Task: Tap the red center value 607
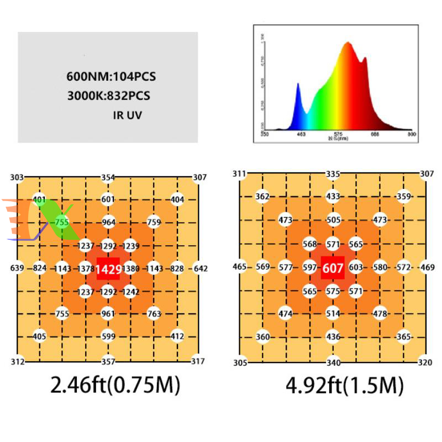tap(333, 267)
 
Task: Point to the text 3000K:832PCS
tap(109, 96)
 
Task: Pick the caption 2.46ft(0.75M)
tap(115, 385)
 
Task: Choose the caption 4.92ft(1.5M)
tap(345, 385)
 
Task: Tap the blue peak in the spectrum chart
tap(298, 86)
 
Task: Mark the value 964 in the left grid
tap(108, 223)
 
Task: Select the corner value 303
tap(17, 177)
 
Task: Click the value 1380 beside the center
tap(130, 269)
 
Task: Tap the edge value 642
tap(200, 269)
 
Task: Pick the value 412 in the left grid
tap(177, 336)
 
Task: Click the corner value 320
tap(424, 362)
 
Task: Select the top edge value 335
tap(333, 175)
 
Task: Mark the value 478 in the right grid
tap(380, 314)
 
